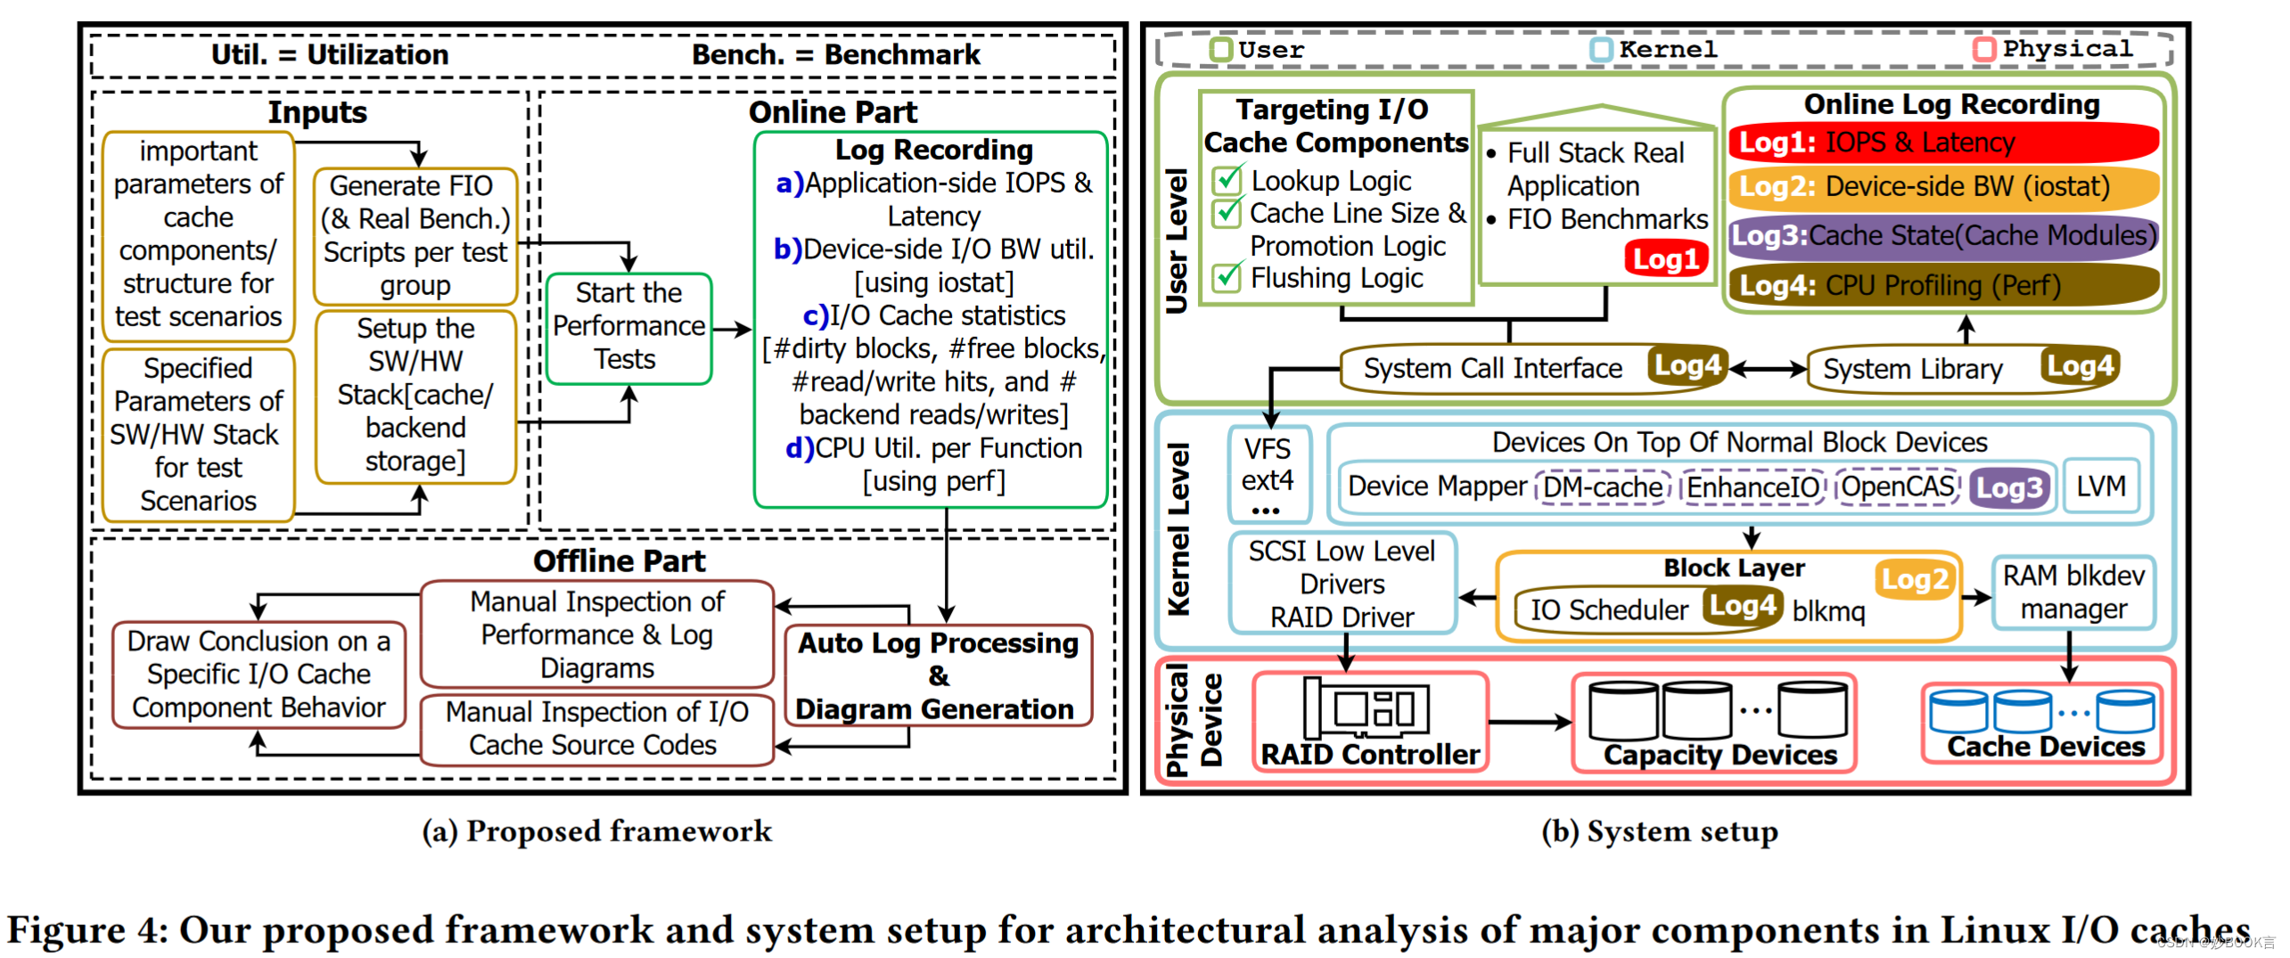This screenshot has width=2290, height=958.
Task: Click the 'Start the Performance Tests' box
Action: [x=628, y=327]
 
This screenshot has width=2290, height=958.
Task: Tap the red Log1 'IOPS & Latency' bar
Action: [x=1943, y=143]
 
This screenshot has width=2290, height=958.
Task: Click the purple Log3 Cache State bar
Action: [x=1943, y=236]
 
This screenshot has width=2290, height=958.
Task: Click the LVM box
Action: [x=2100, y=487]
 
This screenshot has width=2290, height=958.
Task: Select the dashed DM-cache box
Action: [x=1602, y=487]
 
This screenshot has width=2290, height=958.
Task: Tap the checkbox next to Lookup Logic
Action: [x=1227, y=180]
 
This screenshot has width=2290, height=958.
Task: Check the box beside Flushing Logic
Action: [x=1227, y=277]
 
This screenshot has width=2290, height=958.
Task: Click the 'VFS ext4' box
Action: [x=1268, y=473]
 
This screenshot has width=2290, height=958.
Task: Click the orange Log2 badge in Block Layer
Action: [x=1914, y=580]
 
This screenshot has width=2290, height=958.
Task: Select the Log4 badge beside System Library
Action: [x=2079, y=366]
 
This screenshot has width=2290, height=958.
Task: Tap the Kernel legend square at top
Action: [x=1601, y=49]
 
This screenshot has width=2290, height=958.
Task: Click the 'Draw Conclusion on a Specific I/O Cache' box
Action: [x=259, y=674]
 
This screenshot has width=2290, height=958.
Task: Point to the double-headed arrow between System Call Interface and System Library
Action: [x=1767, y=368]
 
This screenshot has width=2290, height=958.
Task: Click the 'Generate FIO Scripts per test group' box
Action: [x=414, y=236]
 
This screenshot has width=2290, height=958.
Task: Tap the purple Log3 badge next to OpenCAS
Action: [x=2008, y=488]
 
